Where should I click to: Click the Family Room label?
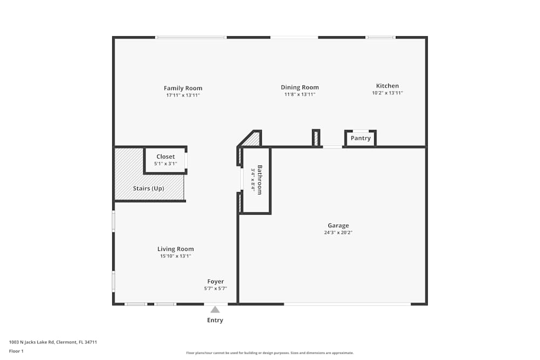183,88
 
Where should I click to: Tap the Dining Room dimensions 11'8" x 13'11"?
300,94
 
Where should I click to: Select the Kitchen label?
387,86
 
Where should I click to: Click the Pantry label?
361,138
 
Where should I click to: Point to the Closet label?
165,157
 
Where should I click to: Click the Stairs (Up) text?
148,188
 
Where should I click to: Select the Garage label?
338,226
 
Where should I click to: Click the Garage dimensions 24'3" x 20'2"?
338,233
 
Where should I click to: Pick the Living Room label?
175,249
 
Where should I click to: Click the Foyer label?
215,281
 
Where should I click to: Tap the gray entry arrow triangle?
215,309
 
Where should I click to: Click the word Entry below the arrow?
215,320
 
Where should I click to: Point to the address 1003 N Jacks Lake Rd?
52,342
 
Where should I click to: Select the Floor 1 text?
16,351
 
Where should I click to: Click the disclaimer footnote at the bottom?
270,353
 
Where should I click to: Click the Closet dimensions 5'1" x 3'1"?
165,164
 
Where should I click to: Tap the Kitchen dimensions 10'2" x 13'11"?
387,93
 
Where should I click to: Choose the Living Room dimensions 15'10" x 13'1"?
175,256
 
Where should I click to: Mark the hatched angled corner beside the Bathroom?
252,139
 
